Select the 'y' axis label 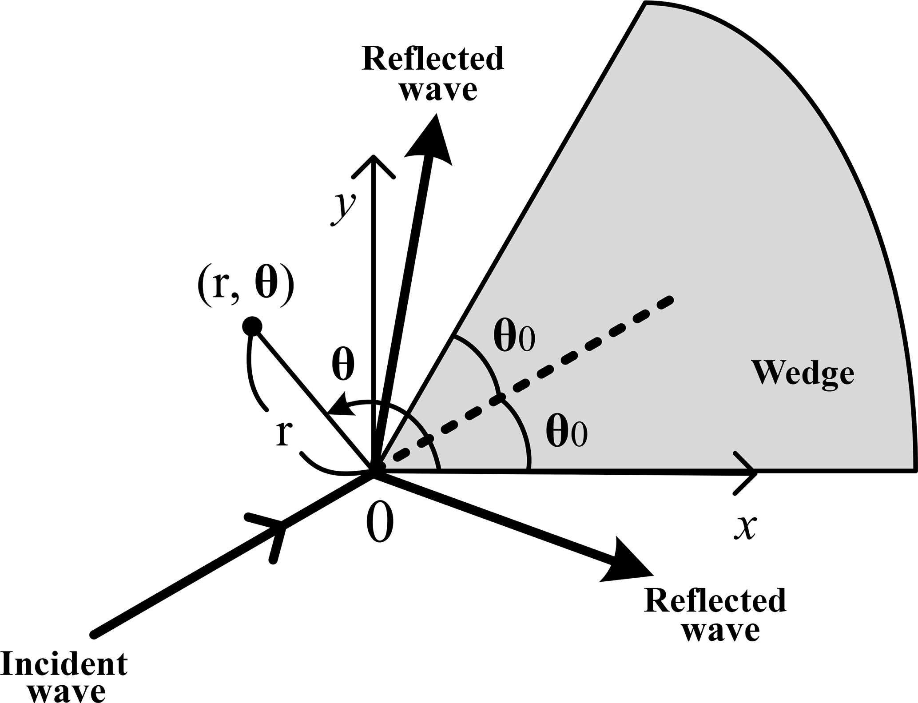(x=343, y=209)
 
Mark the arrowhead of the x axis (x=748, y=473)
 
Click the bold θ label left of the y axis (x=343, y=366)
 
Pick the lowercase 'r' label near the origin (x=283, y=433)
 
